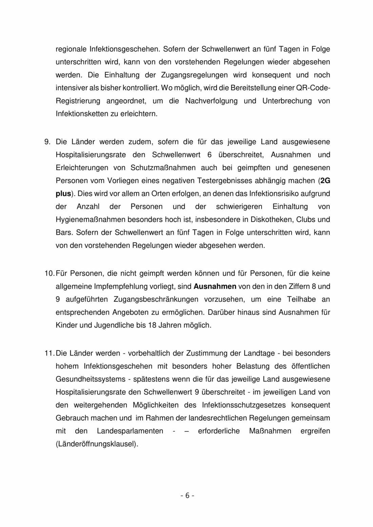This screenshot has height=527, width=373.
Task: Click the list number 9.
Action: [47, 142]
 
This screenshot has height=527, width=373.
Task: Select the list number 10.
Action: [49, 273]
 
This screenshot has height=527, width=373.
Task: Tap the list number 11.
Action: [49, 353]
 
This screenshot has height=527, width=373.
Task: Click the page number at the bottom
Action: [187, 495]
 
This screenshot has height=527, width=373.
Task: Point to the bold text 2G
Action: [325, 181]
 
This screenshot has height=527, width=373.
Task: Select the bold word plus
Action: [63, 194]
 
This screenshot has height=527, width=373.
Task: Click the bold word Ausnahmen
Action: [215, 286]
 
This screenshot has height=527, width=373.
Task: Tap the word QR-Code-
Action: [313, 88]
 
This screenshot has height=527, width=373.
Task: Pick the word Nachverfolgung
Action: [211, 101]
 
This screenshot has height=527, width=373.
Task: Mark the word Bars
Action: [64, 232]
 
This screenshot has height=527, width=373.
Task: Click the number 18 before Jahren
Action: [152, 325]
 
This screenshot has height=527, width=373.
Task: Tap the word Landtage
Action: [259, 353]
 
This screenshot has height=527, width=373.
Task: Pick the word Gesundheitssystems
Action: [91, 379]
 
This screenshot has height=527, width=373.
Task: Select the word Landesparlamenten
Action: [130, 431]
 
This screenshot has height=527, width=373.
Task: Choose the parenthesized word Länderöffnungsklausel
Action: [97, 444]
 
